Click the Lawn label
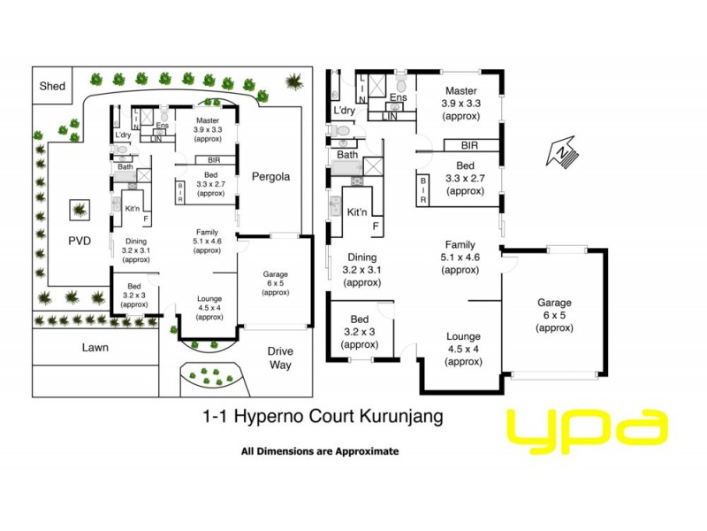pos(95,348)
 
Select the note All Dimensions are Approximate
pos(320,451)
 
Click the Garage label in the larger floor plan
pos(554,303)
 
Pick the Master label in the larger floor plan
pos(460,91)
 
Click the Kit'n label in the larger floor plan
pos(357,212)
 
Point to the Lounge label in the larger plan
pos(463,336)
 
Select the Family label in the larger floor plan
pos(460,244)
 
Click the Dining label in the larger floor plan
pos(362,258)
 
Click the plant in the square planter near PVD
pos(80,211)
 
